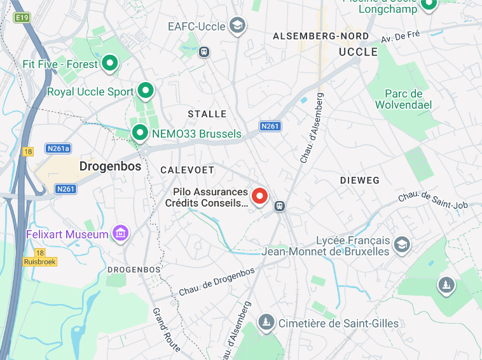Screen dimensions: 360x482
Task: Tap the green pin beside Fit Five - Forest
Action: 111,63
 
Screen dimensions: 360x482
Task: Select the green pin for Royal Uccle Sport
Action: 146,91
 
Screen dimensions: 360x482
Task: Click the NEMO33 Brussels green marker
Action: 139,133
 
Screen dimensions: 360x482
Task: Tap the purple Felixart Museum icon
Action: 120,234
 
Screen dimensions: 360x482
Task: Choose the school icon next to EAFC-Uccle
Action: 238,26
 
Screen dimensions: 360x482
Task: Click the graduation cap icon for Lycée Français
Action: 402,244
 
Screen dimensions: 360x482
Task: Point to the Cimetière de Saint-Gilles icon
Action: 266,322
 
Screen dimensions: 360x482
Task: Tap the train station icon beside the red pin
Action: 279,206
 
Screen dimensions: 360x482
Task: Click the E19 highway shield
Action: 23,18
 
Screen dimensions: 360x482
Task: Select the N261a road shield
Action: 59,148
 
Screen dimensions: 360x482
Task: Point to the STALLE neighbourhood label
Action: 207,114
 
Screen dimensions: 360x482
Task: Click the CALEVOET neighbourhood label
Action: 187,170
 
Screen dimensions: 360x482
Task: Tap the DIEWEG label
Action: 359,181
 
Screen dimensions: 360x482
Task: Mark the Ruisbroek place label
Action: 39,261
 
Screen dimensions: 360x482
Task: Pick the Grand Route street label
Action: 166,329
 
